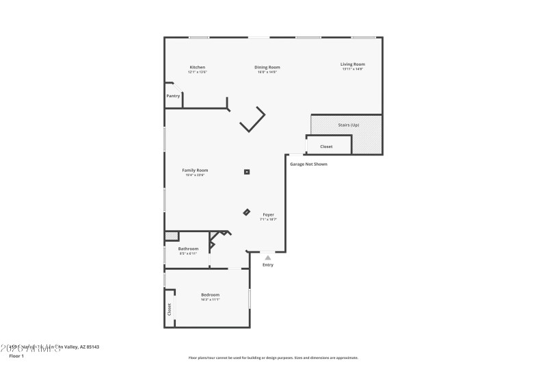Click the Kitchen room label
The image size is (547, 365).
[x=197, y=67]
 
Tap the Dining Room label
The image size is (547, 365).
[x=267, y=67]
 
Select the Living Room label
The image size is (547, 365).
[x=353, y=64]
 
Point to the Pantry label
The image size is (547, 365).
[x=173, y=96]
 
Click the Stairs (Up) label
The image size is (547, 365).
[x=349, y=125]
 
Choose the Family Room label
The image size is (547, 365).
[x=195, y=170]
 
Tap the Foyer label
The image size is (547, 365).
[x=268, y=215]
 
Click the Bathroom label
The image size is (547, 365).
[x=188, y=249]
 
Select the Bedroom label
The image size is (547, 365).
[x=210, y=294]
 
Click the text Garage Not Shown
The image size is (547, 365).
[x=308, y=164]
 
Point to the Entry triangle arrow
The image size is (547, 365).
[x=267, y=257]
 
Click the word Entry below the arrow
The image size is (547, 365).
[x=267, y=265]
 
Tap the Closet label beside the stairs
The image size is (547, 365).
[x=326, y=147]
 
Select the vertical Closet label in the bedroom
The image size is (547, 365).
[x=170, y=310]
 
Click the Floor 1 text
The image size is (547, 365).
[x=16, y=356]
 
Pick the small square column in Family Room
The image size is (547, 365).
[x=247, y=172]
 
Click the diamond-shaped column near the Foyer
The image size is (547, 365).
[x=247, y=212]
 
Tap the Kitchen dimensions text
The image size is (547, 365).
[x=197, y=72]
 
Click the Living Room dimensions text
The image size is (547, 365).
[x=353, y=69]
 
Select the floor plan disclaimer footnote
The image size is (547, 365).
[x=273, y=357]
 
